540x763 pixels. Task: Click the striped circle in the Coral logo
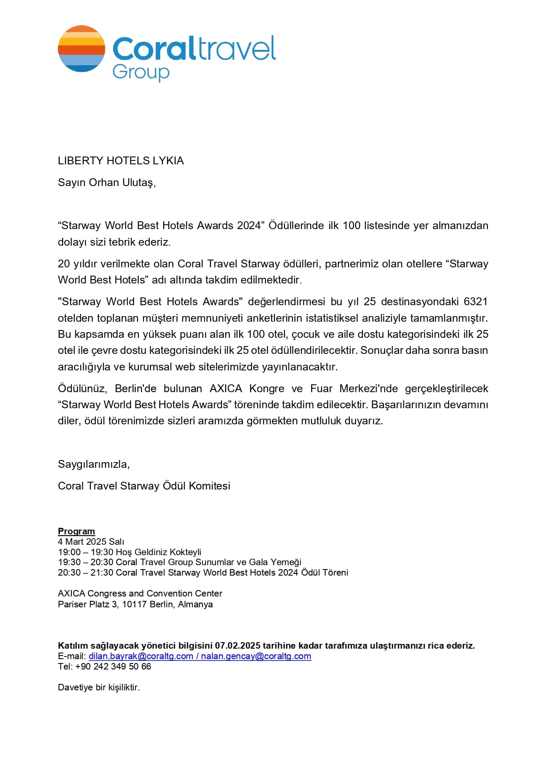tap(81, 49)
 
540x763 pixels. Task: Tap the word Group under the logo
tap(141, 72)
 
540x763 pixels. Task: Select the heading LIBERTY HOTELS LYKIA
tap(121, 161)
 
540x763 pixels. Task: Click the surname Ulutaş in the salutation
tap(138, 183)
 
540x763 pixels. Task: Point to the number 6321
tap(476, 302)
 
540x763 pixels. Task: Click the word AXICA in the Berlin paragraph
tap(225, 389)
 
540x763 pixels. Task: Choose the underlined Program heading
tap(76, 531)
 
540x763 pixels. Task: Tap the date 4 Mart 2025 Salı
tap(91, 542)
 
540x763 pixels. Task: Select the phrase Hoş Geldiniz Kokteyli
tap(158, 552)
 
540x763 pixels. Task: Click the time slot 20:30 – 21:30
tap(86, 573)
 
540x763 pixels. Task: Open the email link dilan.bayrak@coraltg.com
tap(141, 656)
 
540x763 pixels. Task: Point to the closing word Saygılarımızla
tap(94, 464)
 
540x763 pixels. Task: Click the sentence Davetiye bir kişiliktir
tap(99, 688)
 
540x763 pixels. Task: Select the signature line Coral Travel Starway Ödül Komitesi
tap(144, 486)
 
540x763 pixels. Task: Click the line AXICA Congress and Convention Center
tap(140, 594)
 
